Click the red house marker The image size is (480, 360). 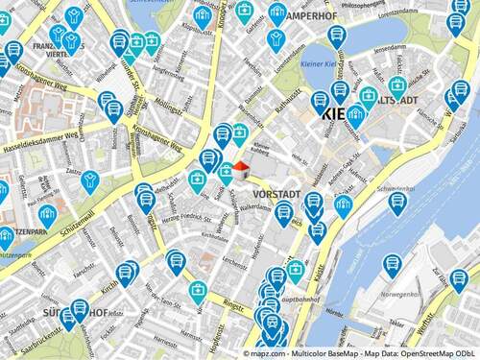(x=240, y=170)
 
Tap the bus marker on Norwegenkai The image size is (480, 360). (x=392, y=264)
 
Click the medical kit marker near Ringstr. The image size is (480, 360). (x=197, y=291)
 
